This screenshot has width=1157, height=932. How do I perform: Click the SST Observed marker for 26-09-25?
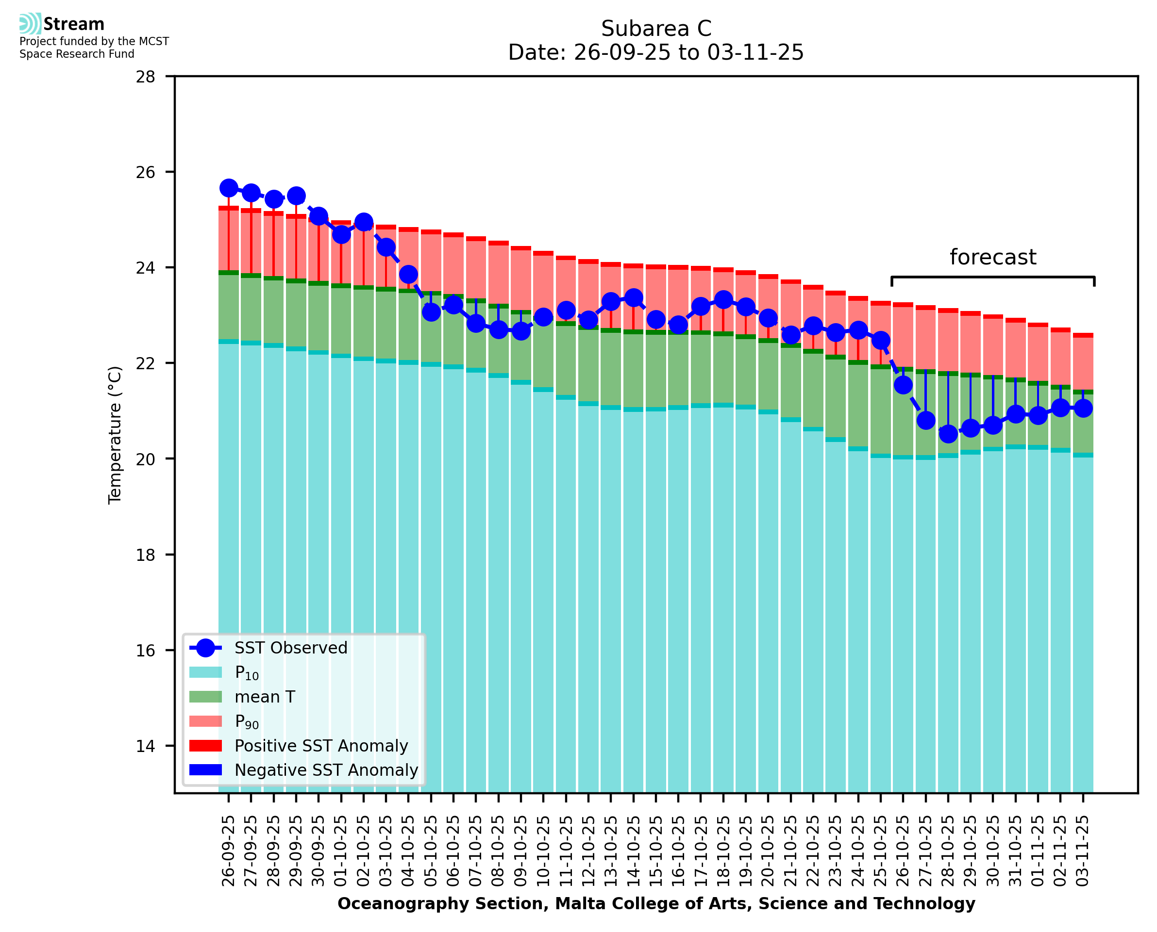coord(229,188)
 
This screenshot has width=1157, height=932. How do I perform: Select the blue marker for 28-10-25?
coord(948,434)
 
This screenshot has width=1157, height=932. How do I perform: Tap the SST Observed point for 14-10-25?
coord(634,297)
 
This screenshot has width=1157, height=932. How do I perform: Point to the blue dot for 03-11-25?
coord(1083,409)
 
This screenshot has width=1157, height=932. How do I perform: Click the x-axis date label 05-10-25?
coord(431,851)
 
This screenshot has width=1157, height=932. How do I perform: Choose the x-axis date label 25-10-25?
coord(881,851)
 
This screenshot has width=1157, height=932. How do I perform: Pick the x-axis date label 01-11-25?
coord(1038,851)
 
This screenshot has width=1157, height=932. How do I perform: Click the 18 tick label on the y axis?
coord(145,555)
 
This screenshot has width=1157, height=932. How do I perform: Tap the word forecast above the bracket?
coord(992,258)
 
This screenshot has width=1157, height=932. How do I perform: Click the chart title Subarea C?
coord(656,29)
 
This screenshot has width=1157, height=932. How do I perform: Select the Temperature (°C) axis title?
coord(115,435)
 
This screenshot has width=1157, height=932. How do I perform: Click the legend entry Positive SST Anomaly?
coord(321,746)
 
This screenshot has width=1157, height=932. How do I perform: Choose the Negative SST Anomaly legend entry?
coord(326,770)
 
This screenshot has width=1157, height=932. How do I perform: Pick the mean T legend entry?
coord(265,697)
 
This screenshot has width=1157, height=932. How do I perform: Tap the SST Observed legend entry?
coord(291,648)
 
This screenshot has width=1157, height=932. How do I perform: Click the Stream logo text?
coord(74,24)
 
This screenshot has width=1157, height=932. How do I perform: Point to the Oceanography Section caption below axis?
coord(656,904)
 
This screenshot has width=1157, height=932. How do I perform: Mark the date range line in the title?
coord(656,52)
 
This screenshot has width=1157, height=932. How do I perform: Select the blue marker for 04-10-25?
coord(409,274)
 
